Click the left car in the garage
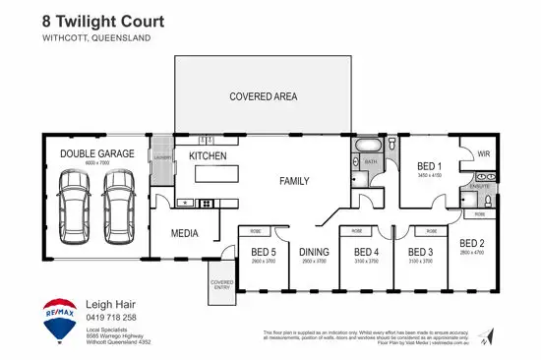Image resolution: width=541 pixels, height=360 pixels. tap(75, 201)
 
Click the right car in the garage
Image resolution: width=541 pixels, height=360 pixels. tap(118, 201)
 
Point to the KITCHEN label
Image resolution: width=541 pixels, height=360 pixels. tap(208, 156)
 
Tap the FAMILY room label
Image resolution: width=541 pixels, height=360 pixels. tap(294, 181)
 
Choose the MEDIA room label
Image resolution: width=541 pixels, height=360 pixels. tap(185, 234)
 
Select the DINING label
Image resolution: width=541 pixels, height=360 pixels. tap(314, 252)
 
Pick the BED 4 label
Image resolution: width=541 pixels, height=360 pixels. tap(366, 252)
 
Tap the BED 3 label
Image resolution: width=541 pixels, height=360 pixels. tap(421, 252)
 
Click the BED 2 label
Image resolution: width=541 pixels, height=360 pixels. tap(472, 242)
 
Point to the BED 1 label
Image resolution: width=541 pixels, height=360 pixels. tap(429, 165)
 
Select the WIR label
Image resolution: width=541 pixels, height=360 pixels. tap(483, 154)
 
